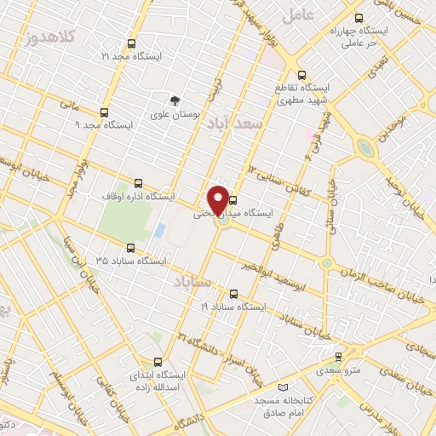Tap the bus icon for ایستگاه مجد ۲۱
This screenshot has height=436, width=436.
click(x=130, y=43)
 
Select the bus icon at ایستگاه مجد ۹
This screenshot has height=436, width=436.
click(x=104, y=112)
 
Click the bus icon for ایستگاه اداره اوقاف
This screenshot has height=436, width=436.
click(x=138, y=183)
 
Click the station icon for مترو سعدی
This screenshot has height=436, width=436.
click(x=339, y=357)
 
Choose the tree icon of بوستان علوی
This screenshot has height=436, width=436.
click(x=176, y=100)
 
